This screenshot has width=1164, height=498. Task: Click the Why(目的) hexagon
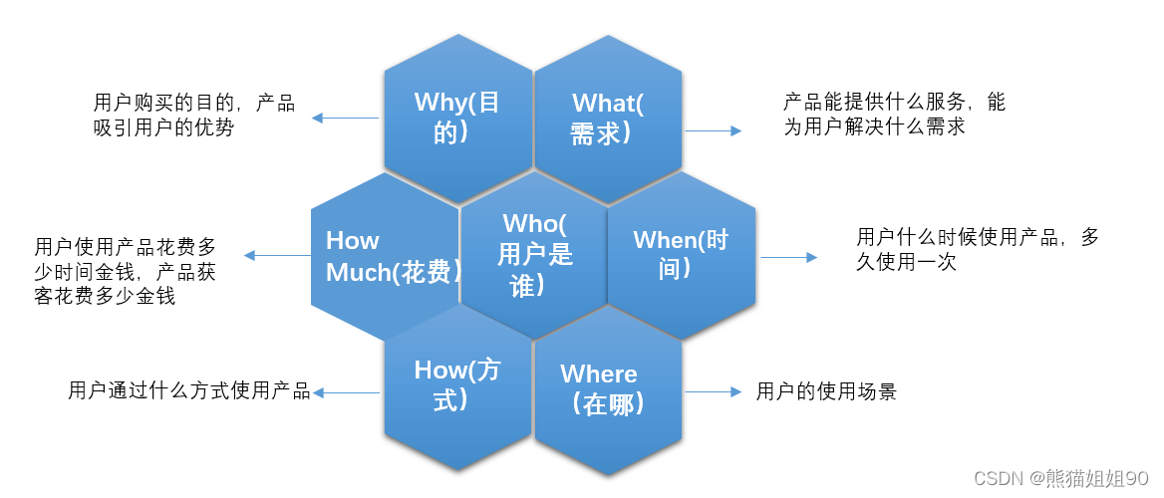[457, 118]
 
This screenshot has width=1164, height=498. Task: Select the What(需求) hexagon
[608, 118]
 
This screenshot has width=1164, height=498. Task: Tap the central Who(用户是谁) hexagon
[534, 255]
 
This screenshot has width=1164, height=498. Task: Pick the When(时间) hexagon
[681, 255]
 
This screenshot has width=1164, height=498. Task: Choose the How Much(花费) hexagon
[384, 256]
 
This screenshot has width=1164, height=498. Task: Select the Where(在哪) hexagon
[608, 388]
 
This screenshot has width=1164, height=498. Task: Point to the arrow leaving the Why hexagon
[345, 118]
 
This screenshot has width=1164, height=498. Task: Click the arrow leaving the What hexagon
[714, 130]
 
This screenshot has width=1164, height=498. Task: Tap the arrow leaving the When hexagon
[788, 257]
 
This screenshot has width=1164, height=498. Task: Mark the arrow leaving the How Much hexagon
[277, 256]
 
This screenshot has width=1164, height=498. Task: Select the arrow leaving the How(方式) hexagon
[346, 392]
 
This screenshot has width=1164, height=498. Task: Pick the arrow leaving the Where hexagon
[714, 391]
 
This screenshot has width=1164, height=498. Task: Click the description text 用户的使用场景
[826, 391]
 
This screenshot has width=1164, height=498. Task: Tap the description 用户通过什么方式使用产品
[189, 391]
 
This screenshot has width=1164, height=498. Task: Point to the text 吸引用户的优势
[164, 127]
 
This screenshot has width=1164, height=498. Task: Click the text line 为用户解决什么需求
[874, 126]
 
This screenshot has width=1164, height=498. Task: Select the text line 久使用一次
[907, 262]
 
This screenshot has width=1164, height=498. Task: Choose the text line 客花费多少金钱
[105, 296]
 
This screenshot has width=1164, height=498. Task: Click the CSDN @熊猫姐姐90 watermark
[1061, 479]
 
